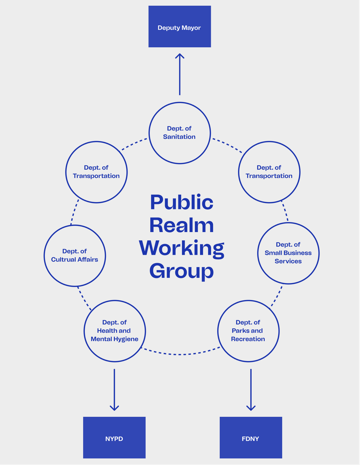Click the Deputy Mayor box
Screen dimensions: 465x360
point(179,26)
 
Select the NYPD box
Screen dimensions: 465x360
point(114,437)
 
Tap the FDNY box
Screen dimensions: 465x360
point(251,437)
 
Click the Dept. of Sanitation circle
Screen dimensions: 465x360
point(179,133)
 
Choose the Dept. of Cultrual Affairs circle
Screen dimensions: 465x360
point(75,256)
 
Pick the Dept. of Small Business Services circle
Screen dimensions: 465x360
point(288,253)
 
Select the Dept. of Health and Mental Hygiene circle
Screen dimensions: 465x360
point(115,331)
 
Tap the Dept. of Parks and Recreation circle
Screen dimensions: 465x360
point(248,331)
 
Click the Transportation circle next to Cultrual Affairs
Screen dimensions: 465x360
point(96,172)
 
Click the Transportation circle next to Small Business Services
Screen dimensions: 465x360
point(269,172)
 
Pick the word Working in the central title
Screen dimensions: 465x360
point(181,248)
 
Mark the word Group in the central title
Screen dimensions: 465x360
point(181,271)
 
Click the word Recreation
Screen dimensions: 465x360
point(248,339)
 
